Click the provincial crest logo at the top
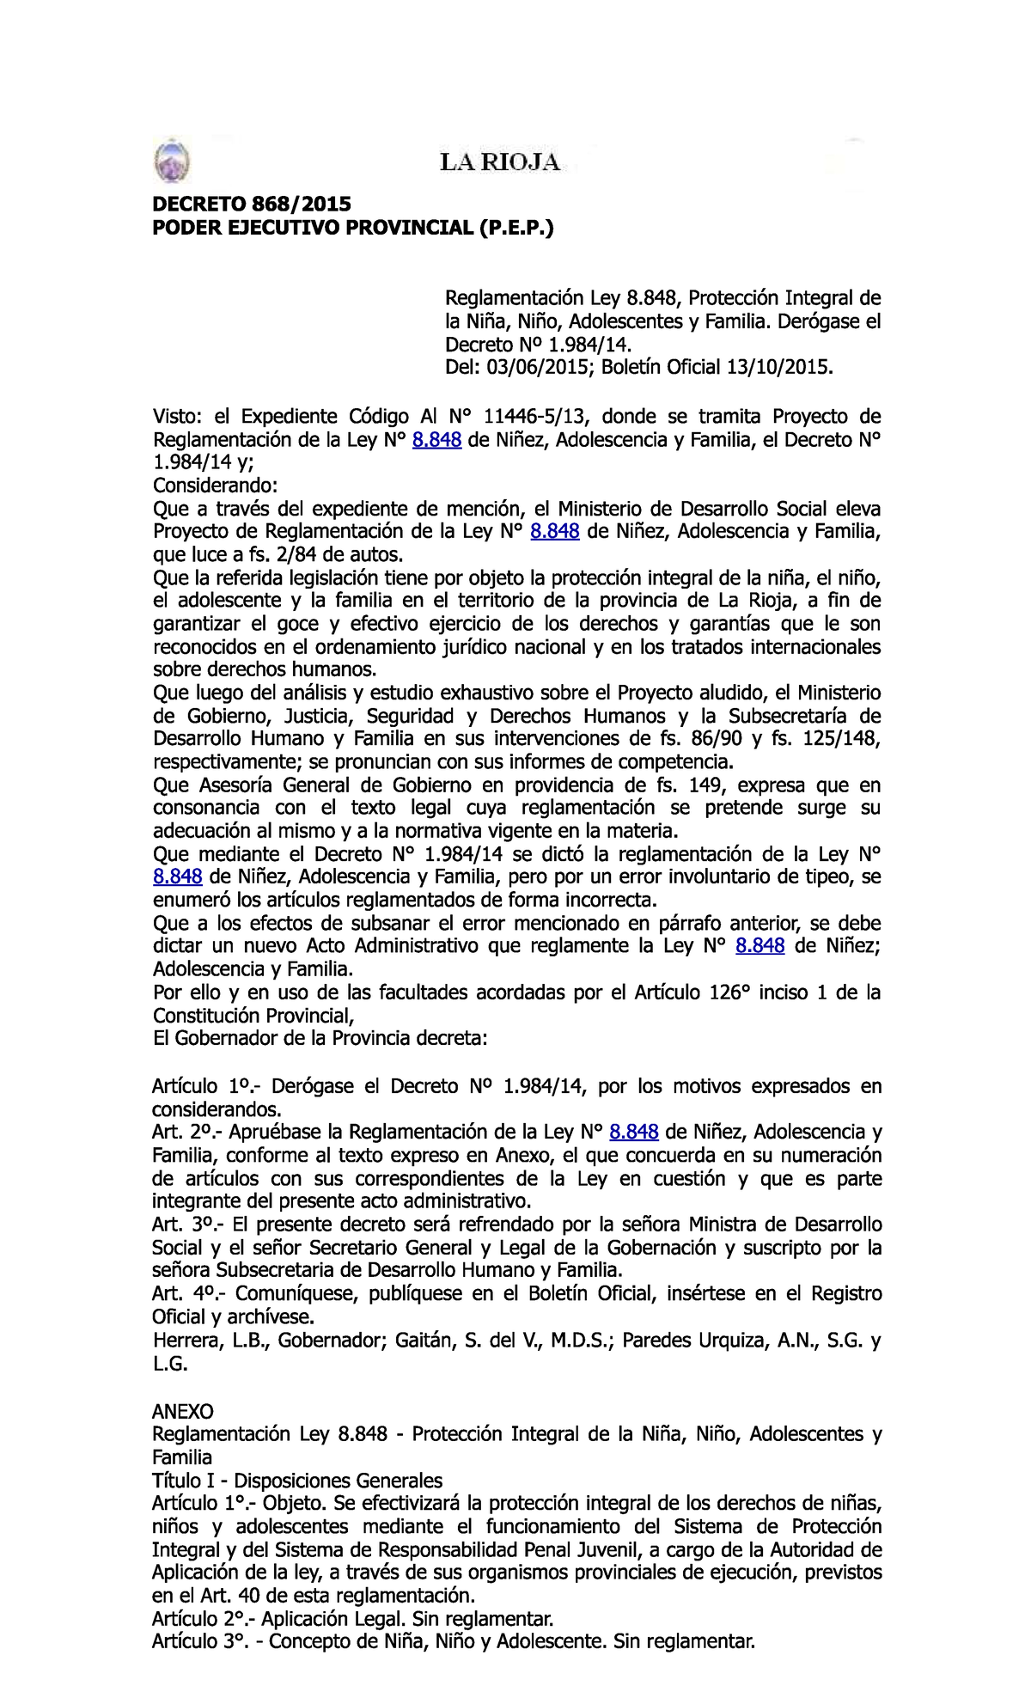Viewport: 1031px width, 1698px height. pyautogui.click(x=171, y=162)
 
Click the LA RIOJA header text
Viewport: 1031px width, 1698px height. pyautogui.click(x=500, y=162)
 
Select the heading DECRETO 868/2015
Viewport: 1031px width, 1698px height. pyautogui.click(x=252, y=204)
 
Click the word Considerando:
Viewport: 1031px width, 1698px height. pyautogui.click(x=216, y=486)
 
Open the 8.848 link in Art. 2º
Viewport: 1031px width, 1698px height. pyautogui.click(x=634, y=1132)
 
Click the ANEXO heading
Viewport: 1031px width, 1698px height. pyautogui.click(x=182, y=1411)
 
